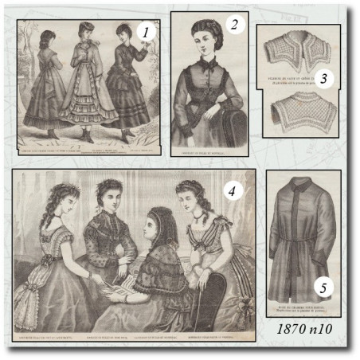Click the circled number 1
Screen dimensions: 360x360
pos(143,33)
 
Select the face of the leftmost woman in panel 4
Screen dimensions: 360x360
pos(58,197)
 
